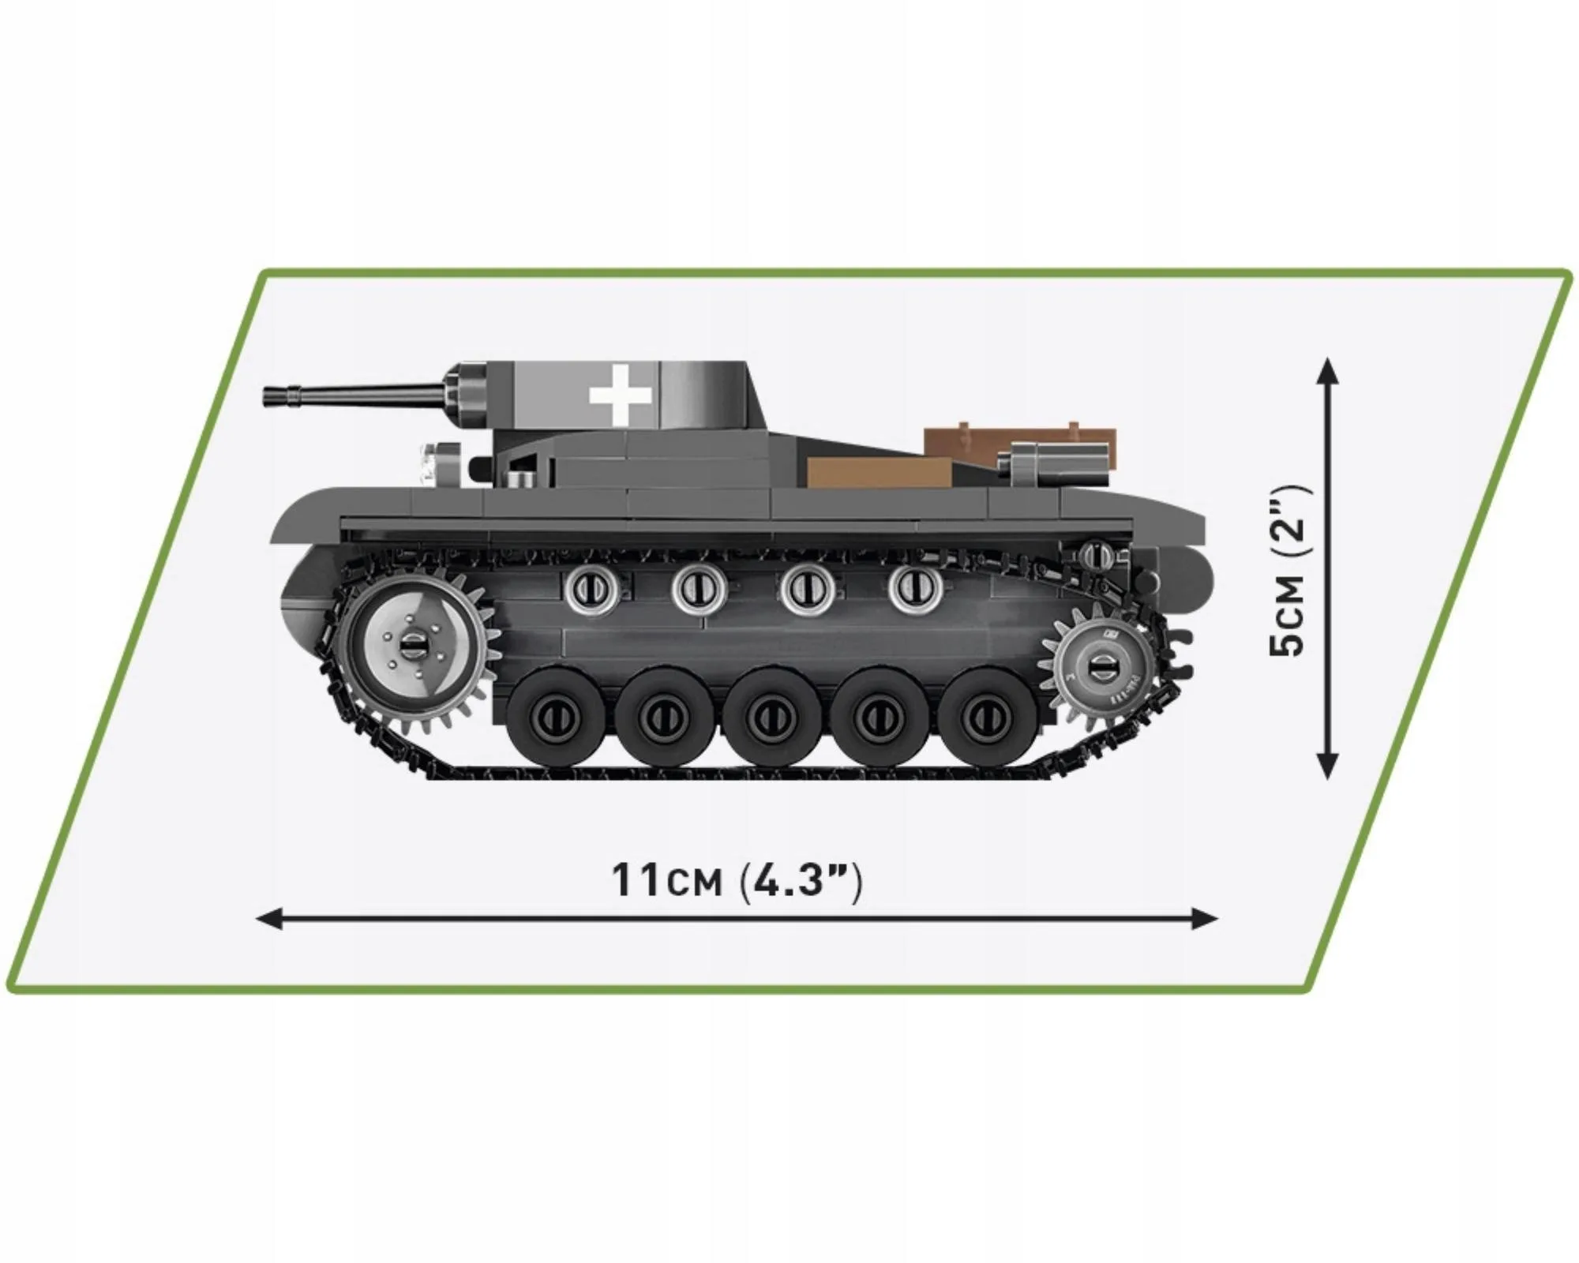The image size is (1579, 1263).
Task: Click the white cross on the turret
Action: (621, 392)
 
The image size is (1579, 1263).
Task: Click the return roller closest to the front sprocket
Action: (590, 587)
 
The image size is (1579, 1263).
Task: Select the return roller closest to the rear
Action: (915, 587)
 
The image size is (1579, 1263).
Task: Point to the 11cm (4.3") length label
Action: (737, 881)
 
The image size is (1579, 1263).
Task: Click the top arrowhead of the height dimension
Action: (1328, 369)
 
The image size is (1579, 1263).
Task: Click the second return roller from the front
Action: (697, 587)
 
